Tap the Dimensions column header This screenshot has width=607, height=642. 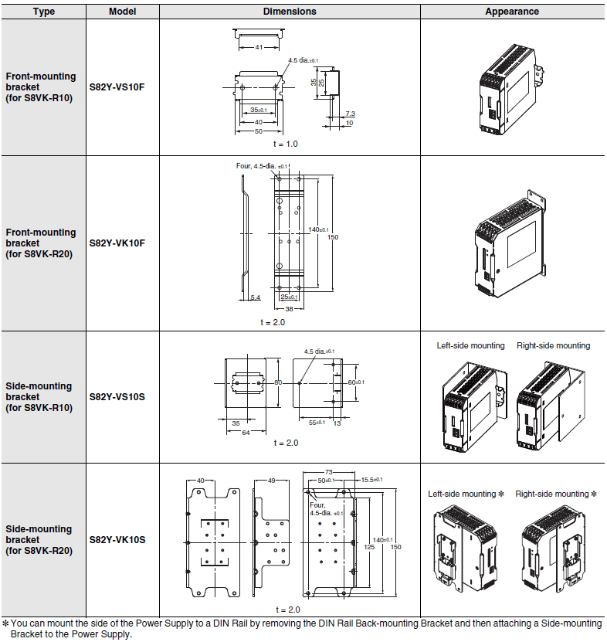290,12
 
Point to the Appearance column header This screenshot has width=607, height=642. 512,12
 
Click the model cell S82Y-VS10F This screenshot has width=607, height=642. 117,87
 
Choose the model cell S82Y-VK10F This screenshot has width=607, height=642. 117,243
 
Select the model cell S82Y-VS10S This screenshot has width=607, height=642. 117,396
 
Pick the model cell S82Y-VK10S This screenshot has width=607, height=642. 117,539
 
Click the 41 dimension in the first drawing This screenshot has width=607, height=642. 259,48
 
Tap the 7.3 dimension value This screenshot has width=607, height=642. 350,114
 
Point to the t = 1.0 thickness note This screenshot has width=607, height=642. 285,144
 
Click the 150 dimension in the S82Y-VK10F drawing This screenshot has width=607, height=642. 333,237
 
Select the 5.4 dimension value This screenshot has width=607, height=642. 256,297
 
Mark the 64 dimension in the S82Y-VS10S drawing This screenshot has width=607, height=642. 246,433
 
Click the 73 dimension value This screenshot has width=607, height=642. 328,471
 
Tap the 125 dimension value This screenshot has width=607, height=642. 370,546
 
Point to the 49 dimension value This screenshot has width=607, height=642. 271,481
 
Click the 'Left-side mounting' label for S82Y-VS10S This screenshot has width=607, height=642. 470,345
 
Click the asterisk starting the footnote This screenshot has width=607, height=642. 5,623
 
